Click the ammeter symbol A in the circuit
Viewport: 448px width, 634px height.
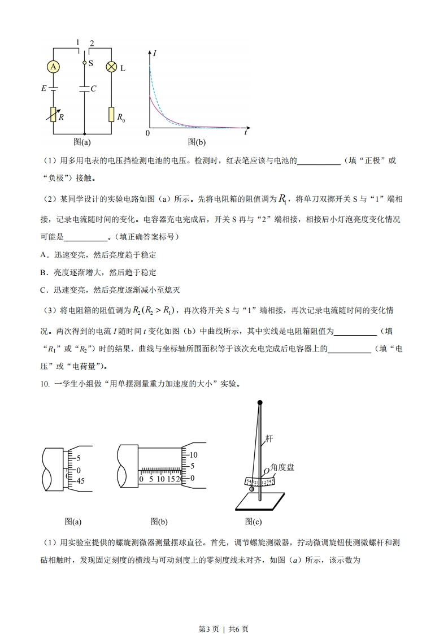coord(53,67)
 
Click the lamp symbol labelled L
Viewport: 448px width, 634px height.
coord(112,67)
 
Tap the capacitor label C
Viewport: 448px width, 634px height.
coord(94,89)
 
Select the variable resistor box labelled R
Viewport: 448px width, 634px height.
coord(54,115)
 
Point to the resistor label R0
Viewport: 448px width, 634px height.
coord(121,118)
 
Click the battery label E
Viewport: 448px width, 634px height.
coord(43,89)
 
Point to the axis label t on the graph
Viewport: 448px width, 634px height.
coord(246,133)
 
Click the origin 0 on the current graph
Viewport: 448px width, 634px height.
coord(147,133)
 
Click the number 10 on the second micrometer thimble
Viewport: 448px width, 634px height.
coord(193,455)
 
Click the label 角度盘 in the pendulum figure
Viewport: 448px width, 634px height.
coord(282,467)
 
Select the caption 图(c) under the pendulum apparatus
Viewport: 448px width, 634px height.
coord(253,522)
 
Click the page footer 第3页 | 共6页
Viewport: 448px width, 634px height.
coord(224,613)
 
